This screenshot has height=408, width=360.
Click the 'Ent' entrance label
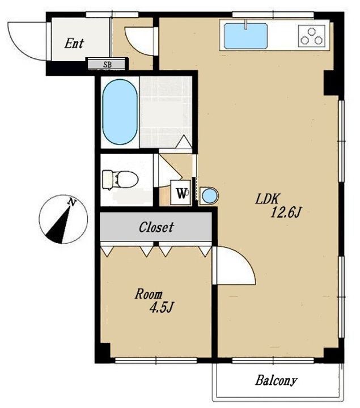click(74, 43)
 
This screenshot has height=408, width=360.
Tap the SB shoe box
click(107, 64)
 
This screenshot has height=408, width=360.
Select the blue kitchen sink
click(245, 36)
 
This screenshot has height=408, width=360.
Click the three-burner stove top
click(312, 36)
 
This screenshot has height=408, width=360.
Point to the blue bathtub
click(120, 112)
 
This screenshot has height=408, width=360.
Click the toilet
click(120, 179)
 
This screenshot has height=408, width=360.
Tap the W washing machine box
click(181, 193)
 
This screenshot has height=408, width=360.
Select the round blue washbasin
click(209, 195)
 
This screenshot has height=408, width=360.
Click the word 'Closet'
click(156, 227)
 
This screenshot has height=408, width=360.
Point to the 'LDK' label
click(267, 199)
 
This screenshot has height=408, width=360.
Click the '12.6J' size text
click(286, 212)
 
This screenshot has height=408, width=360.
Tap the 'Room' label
click(149, 294)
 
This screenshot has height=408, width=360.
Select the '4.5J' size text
click(161, 308)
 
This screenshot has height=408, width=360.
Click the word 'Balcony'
click(276, 381)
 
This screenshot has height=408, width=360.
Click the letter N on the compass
click(71, 202)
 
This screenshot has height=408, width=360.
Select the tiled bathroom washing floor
click(166, 112)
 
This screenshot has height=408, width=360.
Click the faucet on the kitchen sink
click(245, 25)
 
